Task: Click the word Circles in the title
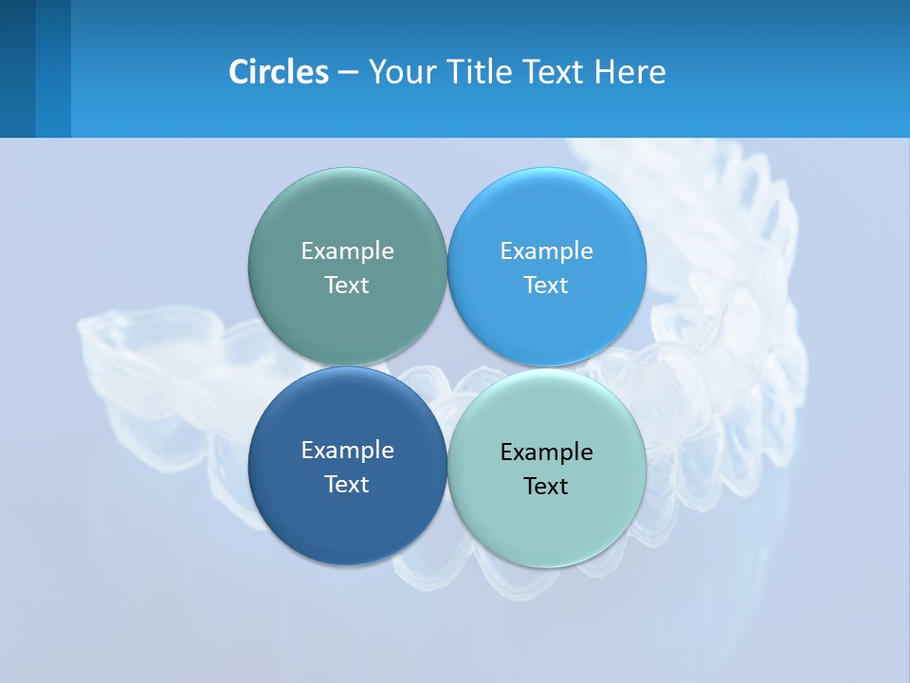tap(278, 72)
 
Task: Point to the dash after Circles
tap(348, 72)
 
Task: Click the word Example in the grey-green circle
tap(347, 251)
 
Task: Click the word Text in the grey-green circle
tap(347, 286)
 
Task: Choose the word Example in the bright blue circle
tap(546, 251)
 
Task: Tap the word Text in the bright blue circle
tap(546, 286)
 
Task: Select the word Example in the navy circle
tap(347, 451)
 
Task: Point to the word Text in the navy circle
tap(347, 485)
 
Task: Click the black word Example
tap(546, 452)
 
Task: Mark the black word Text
tap(546, 487)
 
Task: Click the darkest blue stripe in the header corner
tap(17, 68)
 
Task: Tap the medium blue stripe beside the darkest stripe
tap(53, 68)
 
